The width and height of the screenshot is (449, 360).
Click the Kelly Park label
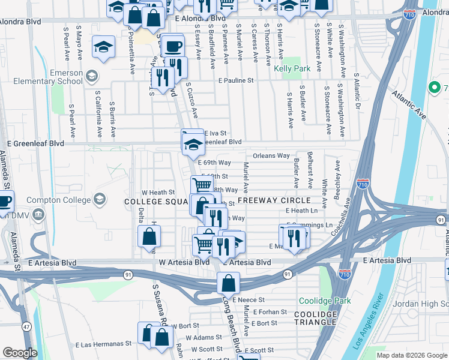(292, 69)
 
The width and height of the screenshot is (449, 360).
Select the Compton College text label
(62, 199)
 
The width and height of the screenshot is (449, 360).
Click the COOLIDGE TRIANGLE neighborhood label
(316, 318)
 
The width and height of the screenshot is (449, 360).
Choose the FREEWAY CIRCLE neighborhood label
(274, 200)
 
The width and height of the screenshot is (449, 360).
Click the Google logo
(20, 353)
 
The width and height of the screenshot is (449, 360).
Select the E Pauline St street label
(236, 80)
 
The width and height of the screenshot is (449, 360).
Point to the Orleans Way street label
(271, 156)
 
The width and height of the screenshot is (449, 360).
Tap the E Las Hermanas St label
(103, 344)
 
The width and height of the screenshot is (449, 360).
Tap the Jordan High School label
(420, 304)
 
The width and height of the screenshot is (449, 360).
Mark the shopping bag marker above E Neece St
(229, 282)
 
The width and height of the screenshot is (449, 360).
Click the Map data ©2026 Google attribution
(412, 355)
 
